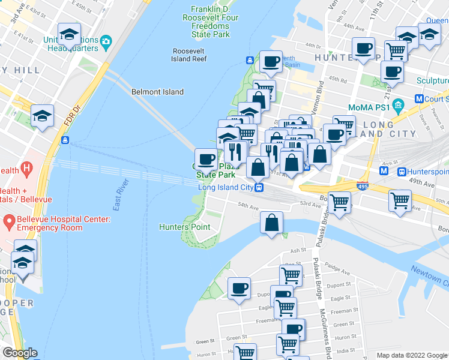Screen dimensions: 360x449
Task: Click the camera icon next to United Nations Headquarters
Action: coord(106,43)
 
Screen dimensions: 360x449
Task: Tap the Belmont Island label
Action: coord(157,92)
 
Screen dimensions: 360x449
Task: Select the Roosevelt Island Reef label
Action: coord(189,55)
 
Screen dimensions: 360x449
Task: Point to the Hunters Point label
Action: coord(184,227)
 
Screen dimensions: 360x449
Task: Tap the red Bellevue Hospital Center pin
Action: coord(9,222)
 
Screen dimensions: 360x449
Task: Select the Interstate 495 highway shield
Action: coord(363,187)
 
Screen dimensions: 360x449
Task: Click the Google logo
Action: coord(20,353)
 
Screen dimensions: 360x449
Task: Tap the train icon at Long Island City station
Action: coord(259,187)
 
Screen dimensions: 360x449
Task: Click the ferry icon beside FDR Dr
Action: coord(65,140)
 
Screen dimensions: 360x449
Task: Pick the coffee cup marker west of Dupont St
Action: coord(240,289)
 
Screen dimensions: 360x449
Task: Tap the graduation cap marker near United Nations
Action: coord(70,35)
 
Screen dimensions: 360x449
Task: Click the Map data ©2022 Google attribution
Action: coord(411,355)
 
